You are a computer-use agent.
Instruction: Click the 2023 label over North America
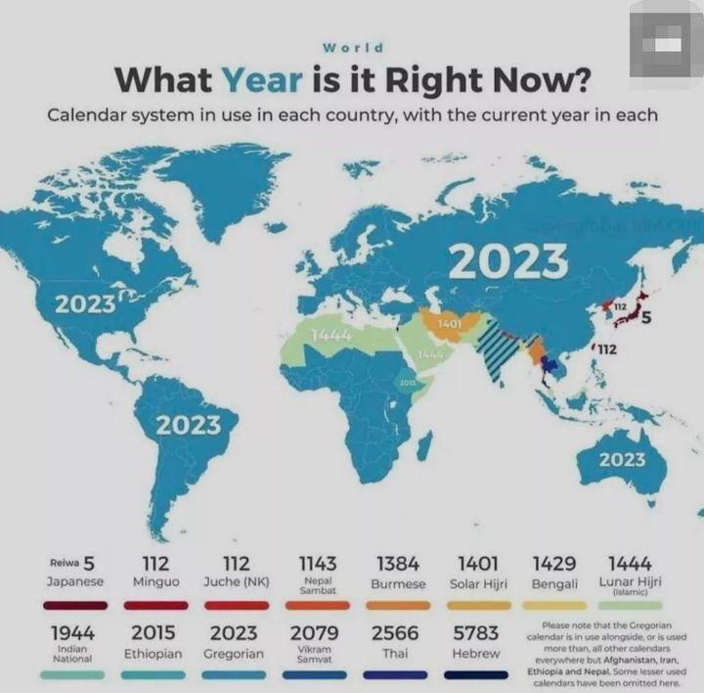(x=85, y=303)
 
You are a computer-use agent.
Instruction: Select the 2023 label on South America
(x=188, y=425)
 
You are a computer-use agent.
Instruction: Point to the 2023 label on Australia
(x=622, y=459)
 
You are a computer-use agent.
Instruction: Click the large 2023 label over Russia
(x=508, y=261)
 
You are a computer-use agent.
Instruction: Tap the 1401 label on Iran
(x=450, y=322)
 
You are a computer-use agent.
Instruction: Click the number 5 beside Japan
(x=646, y=316)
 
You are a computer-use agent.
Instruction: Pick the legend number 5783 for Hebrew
(x=476, y=633)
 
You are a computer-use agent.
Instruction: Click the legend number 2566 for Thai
(x=395, y=633)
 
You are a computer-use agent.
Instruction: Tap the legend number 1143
(x=318, y=564)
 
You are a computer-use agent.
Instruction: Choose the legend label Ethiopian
(x=153, y=653)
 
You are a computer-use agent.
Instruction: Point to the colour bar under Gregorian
(x=234, y=674)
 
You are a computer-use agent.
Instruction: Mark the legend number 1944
(x=72, y=633)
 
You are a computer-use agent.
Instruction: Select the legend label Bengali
(x=554, y=583)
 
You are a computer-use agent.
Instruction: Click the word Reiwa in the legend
(x=64, y=564)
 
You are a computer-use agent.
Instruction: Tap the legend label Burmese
(x=398, y=583)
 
